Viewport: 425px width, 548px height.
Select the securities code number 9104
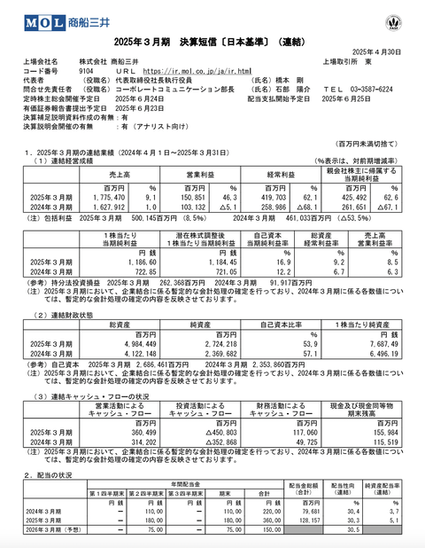tap(87, 69)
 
